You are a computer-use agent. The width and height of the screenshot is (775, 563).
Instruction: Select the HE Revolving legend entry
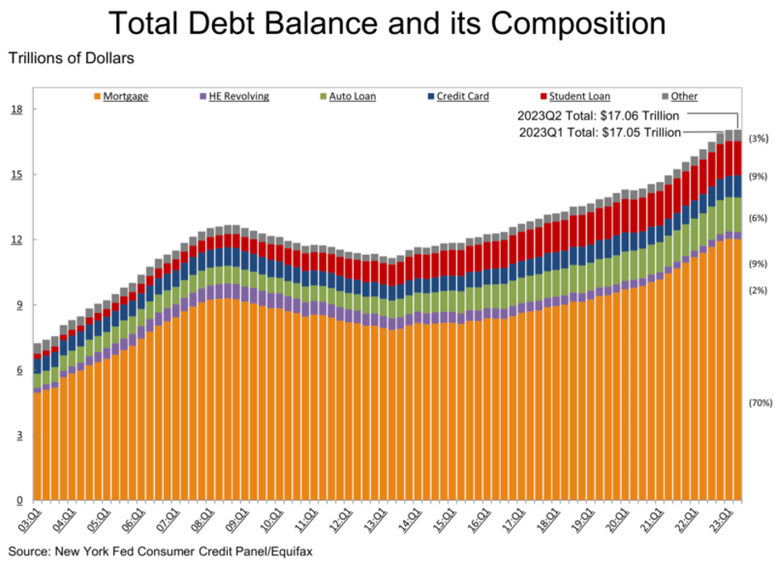tap(240, 97)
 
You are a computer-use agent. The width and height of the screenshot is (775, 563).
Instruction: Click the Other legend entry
tap(684, 97)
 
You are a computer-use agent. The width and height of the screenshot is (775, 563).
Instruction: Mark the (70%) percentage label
tap(760, 403)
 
